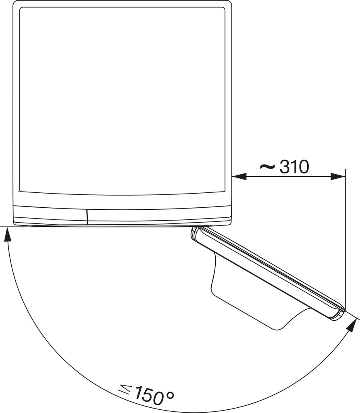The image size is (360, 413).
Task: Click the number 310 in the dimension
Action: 294,167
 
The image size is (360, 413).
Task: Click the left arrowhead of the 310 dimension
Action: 239,176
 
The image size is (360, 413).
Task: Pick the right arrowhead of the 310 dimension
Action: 338,176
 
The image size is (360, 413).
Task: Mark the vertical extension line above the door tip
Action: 345,242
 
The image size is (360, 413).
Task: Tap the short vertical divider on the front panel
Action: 87,216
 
